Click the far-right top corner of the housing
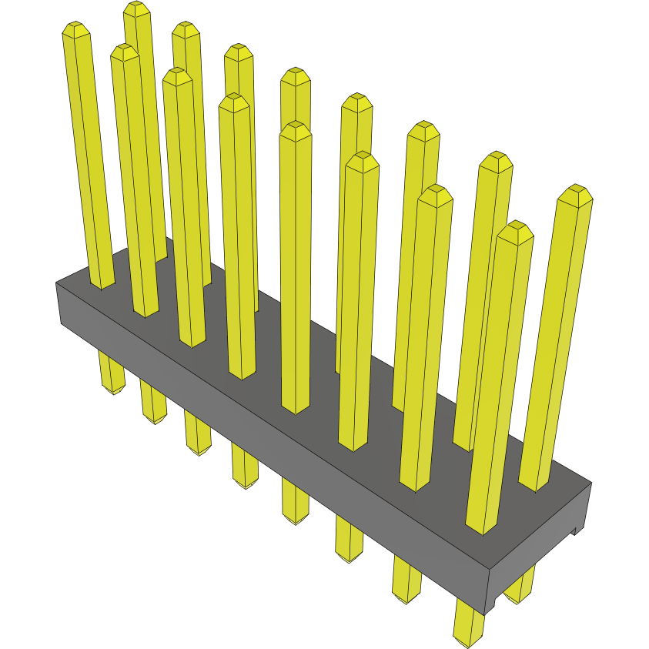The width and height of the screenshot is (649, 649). tap(590, 483)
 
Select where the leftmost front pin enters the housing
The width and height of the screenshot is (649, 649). tap(102, 286)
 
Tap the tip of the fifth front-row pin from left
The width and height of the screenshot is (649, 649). tap(296, 127)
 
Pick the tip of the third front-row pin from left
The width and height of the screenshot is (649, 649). tap(177, 74)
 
